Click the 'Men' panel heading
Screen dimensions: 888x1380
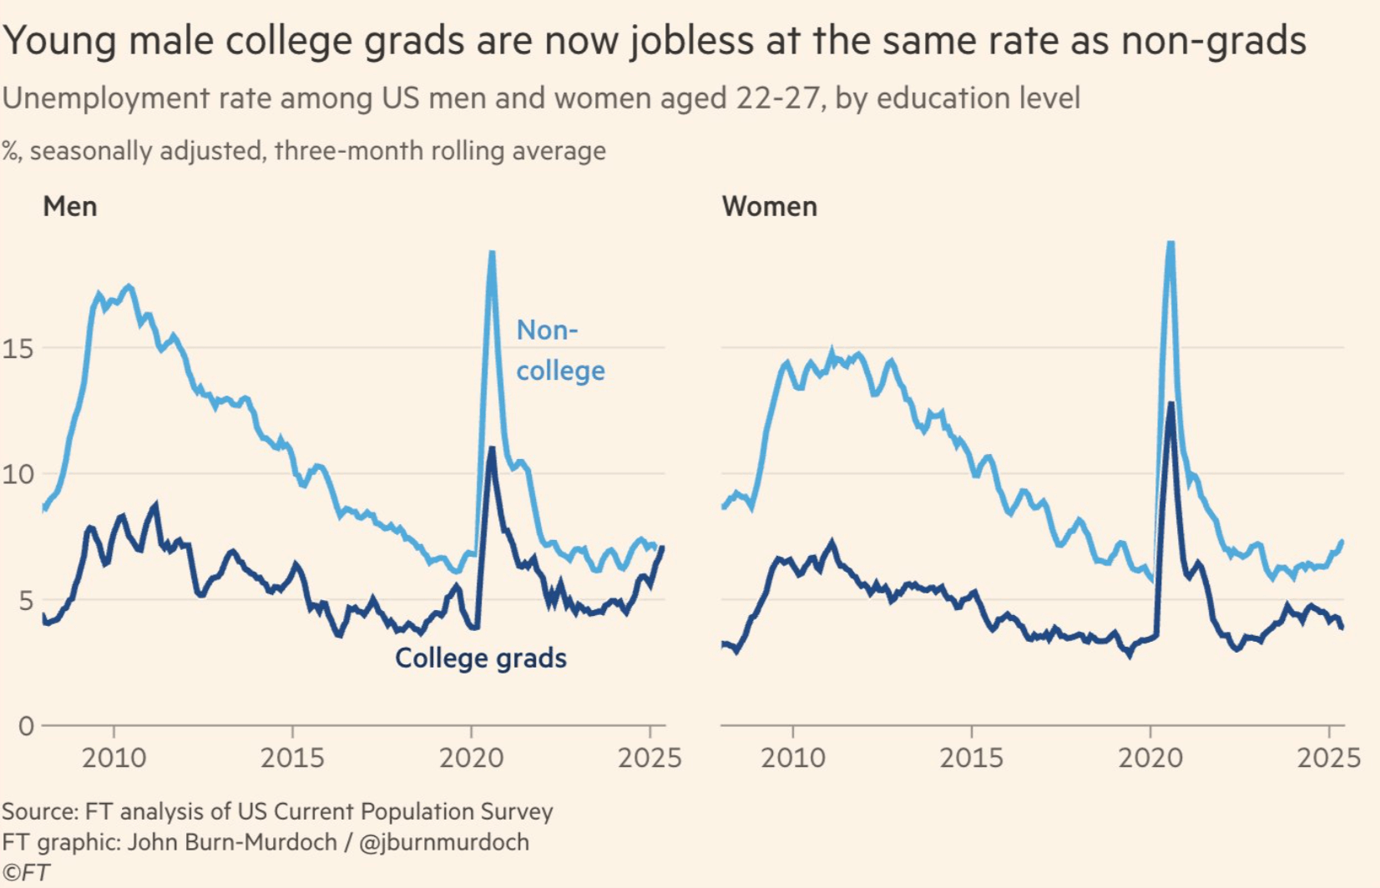pyautogui.click(x=70, y=206)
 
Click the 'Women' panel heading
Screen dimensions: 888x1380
pyautogui.click(x=769, y=206)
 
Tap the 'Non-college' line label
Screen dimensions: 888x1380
pyautogui.click(x=559, y=351)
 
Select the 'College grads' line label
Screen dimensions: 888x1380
pyautogui.click(x=480, y=658)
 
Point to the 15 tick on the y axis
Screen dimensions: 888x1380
pyautogui.click(x=18, y=348)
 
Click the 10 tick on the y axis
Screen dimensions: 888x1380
pyautogui.click(x=18, y=474)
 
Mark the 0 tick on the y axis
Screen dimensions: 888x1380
pyautogui.click(x=26, y=726)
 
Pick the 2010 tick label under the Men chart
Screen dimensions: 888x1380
pyautogui.click(x=114, y=758)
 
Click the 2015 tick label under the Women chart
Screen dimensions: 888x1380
pyautogui.click(x=971, y=758)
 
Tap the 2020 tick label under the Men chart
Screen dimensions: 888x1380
pyautogui.click(x=471, y=758)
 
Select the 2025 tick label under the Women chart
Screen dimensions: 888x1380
pyautogui.click(x=1328, y=758)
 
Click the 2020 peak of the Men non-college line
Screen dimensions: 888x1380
pyautogui.click(x=492, y=253)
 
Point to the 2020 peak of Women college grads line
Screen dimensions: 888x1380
pyautogui.click(x=1171, y=404)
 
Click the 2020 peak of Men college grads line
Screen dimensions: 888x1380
pyautogui.click(x=492, y=449)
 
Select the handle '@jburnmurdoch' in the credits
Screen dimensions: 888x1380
pyautogui.click(x=443, y=842)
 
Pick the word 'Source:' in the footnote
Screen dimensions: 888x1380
pyautogui.click(x=40, y=811)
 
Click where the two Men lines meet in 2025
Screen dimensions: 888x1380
pyautogui.click(x=662, y=547)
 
